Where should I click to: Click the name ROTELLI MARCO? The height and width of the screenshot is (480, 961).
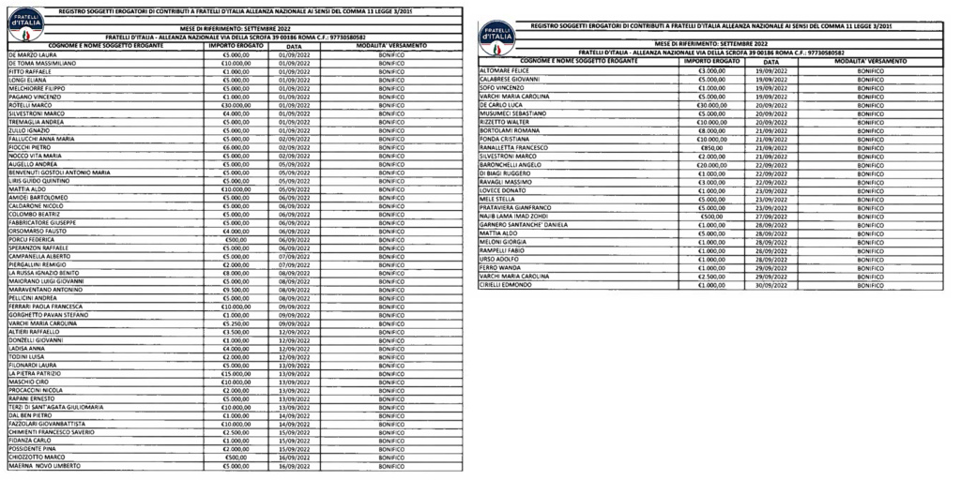[x=28, y=104]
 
